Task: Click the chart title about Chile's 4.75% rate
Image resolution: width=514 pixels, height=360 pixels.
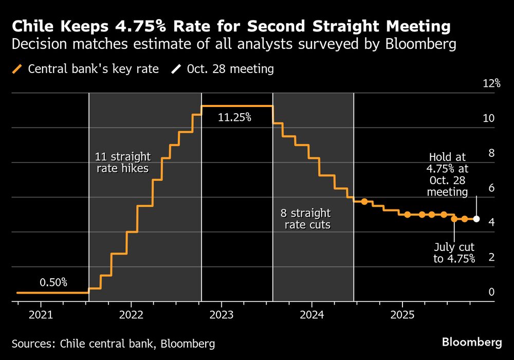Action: point(231,26)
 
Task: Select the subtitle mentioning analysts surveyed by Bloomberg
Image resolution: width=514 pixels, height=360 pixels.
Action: point(234,45)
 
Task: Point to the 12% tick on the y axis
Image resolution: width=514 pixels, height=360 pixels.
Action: point(491,83)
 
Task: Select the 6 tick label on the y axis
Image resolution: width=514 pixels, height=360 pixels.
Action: point(491,188)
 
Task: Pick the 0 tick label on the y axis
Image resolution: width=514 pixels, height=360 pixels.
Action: point(491,292)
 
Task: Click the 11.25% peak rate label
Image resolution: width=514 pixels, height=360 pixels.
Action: point(234,118)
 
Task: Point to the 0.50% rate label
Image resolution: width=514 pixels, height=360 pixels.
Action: point(53,282)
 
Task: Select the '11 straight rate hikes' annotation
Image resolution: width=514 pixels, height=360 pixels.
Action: point(123,163)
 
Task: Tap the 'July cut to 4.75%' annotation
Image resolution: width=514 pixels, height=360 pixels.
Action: point(454,253)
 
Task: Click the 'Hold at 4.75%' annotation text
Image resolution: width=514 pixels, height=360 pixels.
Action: point(448,175)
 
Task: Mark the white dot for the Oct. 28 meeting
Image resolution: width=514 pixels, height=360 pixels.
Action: point(476,219)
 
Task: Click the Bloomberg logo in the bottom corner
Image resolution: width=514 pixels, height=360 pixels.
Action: point(472,342)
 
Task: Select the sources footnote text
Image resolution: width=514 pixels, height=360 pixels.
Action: point(113,343)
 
